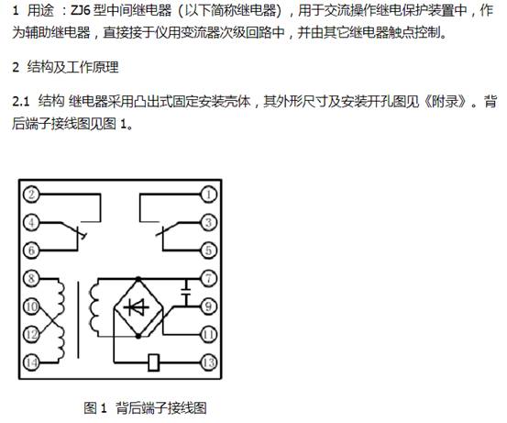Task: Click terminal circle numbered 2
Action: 31,195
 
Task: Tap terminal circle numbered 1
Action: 208,195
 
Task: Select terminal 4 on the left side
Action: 31,222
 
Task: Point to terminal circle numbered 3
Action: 208,222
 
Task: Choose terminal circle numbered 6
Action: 31,250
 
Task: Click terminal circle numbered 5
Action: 208,250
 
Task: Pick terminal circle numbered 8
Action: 31,278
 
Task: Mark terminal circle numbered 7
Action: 208,278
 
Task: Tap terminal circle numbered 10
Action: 31,306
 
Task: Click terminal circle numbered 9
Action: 208,306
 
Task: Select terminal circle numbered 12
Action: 31,334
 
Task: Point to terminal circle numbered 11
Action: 208,334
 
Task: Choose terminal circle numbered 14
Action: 31,362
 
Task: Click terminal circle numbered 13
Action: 208,362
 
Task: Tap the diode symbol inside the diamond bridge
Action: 139,306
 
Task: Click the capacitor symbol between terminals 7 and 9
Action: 186,292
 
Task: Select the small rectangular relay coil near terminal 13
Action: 154,362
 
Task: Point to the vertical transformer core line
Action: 78,319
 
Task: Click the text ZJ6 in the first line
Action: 80,11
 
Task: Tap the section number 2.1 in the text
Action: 21,102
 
